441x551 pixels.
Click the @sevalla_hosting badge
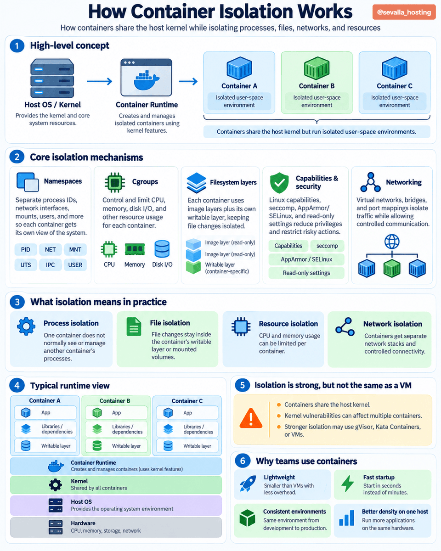click(404, 12)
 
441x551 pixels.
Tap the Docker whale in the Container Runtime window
click(147, 80)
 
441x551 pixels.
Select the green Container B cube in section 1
click(317, 68)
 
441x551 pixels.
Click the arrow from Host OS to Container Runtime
click(99, 81)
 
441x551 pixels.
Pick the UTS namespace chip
click(26, 265)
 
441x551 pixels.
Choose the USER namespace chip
click(75, 265)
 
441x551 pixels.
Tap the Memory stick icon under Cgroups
click(135, 249)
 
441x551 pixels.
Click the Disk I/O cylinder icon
click(162, 249)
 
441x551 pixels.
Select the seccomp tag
click(327, 246)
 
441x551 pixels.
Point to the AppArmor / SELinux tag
click(306, 259)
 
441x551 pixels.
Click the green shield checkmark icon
click(279, 183)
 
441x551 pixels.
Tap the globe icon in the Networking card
click(392, 242)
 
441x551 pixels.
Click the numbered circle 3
click(17, 302)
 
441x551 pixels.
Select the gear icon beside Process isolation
click(26, 326)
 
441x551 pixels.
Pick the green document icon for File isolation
click(134, 326)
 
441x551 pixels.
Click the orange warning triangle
click(251, 418)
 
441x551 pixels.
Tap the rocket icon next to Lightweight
click(248, 484)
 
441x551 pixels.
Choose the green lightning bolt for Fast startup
click(347, 484)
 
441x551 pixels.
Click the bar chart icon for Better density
click(346, 518)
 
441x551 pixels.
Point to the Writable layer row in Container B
click(116, 446)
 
